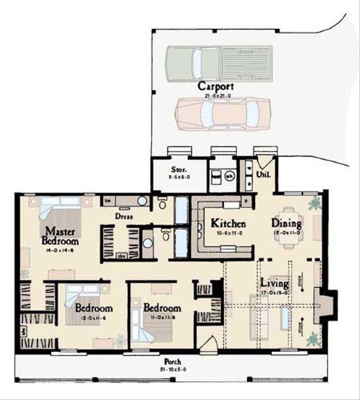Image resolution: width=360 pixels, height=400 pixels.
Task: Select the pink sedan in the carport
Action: (222, 111)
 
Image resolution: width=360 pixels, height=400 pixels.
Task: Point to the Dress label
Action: (125, 216)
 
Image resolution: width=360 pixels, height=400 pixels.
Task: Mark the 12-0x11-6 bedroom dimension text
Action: (93, 317)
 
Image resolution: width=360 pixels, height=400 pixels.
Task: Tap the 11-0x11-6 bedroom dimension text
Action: (163, 317)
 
